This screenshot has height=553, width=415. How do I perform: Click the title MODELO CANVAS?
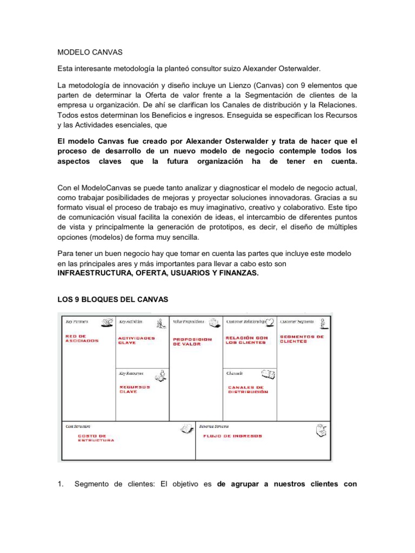tap(90, 52)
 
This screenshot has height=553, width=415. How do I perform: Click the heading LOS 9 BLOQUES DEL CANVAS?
tap(113, 299)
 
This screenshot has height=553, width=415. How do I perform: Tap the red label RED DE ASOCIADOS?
tap(82, 339)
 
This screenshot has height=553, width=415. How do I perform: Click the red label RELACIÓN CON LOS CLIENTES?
tap(247, 340)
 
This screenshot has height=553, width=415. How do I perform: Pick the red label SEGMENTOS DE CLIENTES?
tap(302, 339)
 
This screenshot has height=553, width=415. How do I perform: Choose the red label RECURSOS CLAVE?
tap(135, 389)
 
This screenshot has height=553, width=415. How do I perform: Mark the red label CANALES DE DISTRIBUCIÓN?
tap(248, 389)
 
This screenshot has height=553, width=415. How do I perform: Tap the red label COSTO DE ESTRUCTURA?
tap(96, 438)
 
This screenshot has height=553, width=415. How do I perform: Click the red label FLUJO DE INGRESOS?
tap(233, 436)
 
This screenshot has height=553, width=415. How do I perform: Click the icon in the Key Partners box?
tap(107, 323)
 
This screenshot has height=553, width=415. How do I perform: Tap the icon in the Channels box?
tap(268, 374)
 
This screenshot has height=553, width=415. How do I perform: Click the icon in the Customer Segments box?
tap(322, 323)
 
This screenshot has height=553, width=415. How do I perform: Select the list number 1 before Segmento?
tap(61, 484)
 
